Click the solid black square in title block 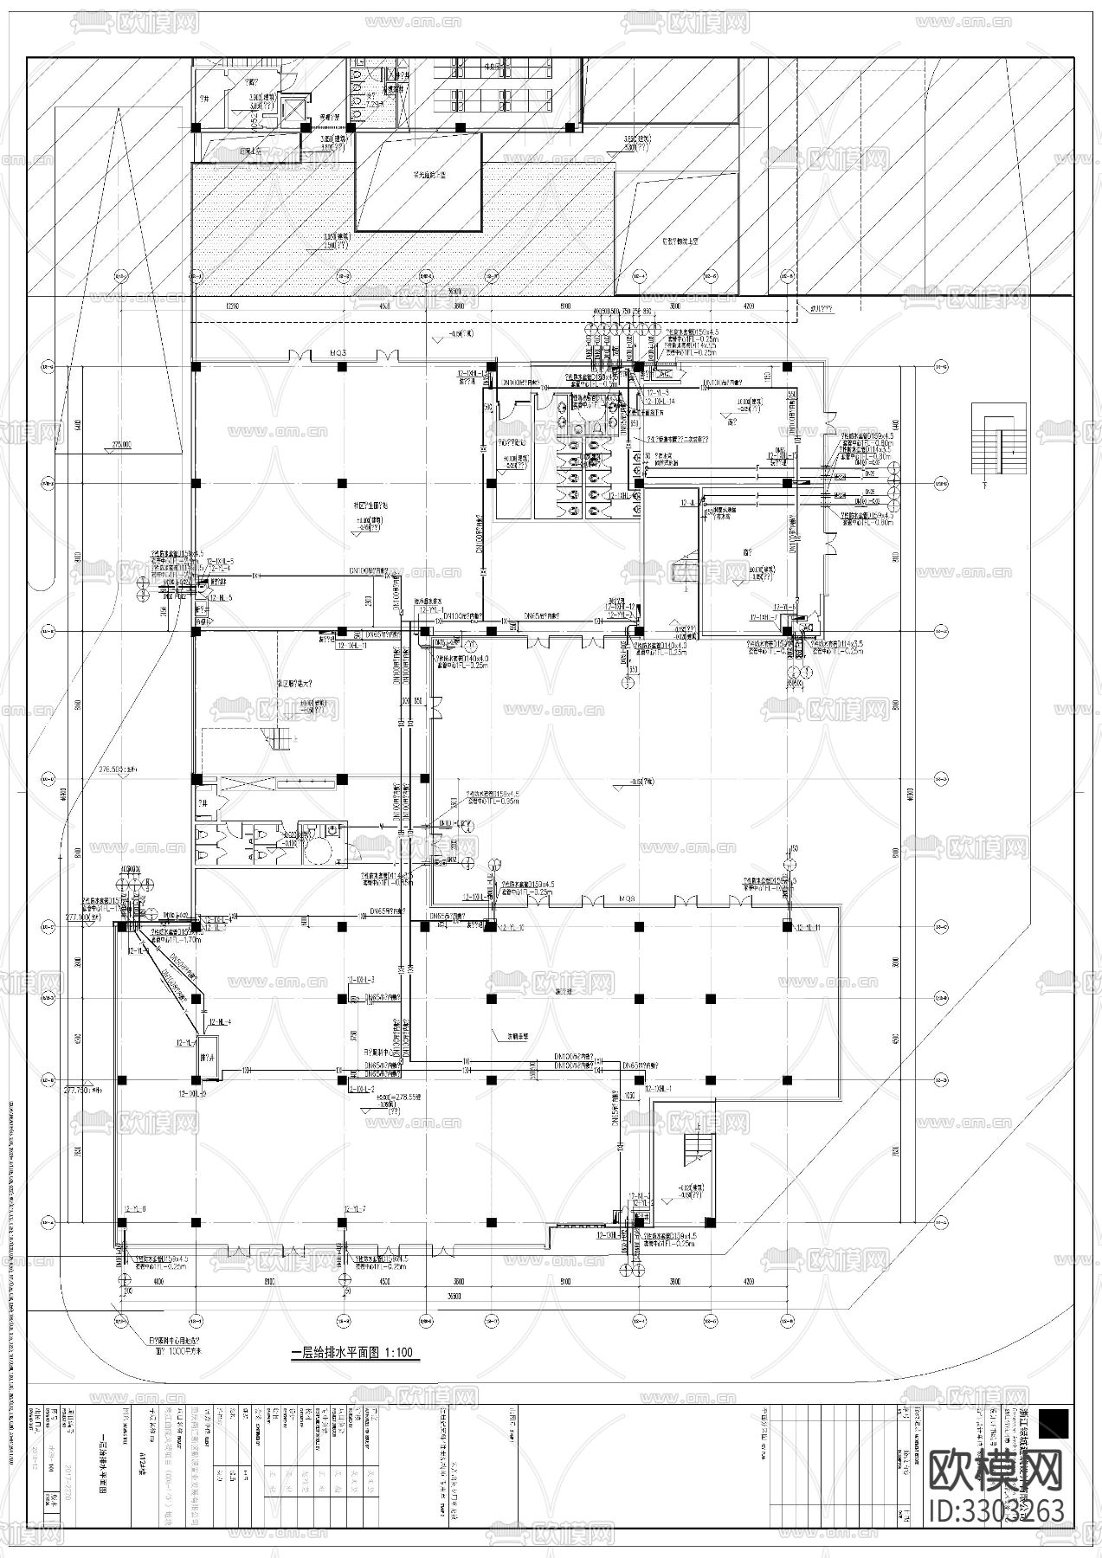tap(1054, 1424)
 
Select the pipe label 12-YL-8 tap(136, 1209)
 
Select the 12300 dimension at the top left tap(230, 306)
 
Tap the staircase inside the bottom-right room tap(695, 1148)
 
